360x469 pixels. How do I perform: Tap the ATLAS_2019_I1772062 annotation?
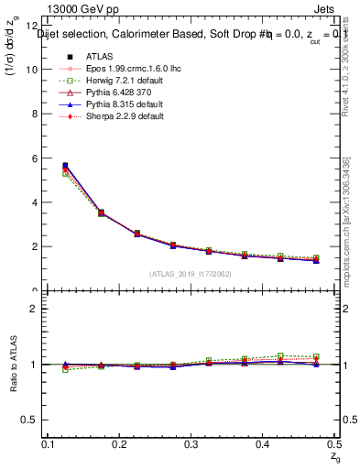tap(191, 273)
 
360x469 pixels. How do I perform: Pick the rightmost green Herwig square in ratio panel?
tap(316, 356)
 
